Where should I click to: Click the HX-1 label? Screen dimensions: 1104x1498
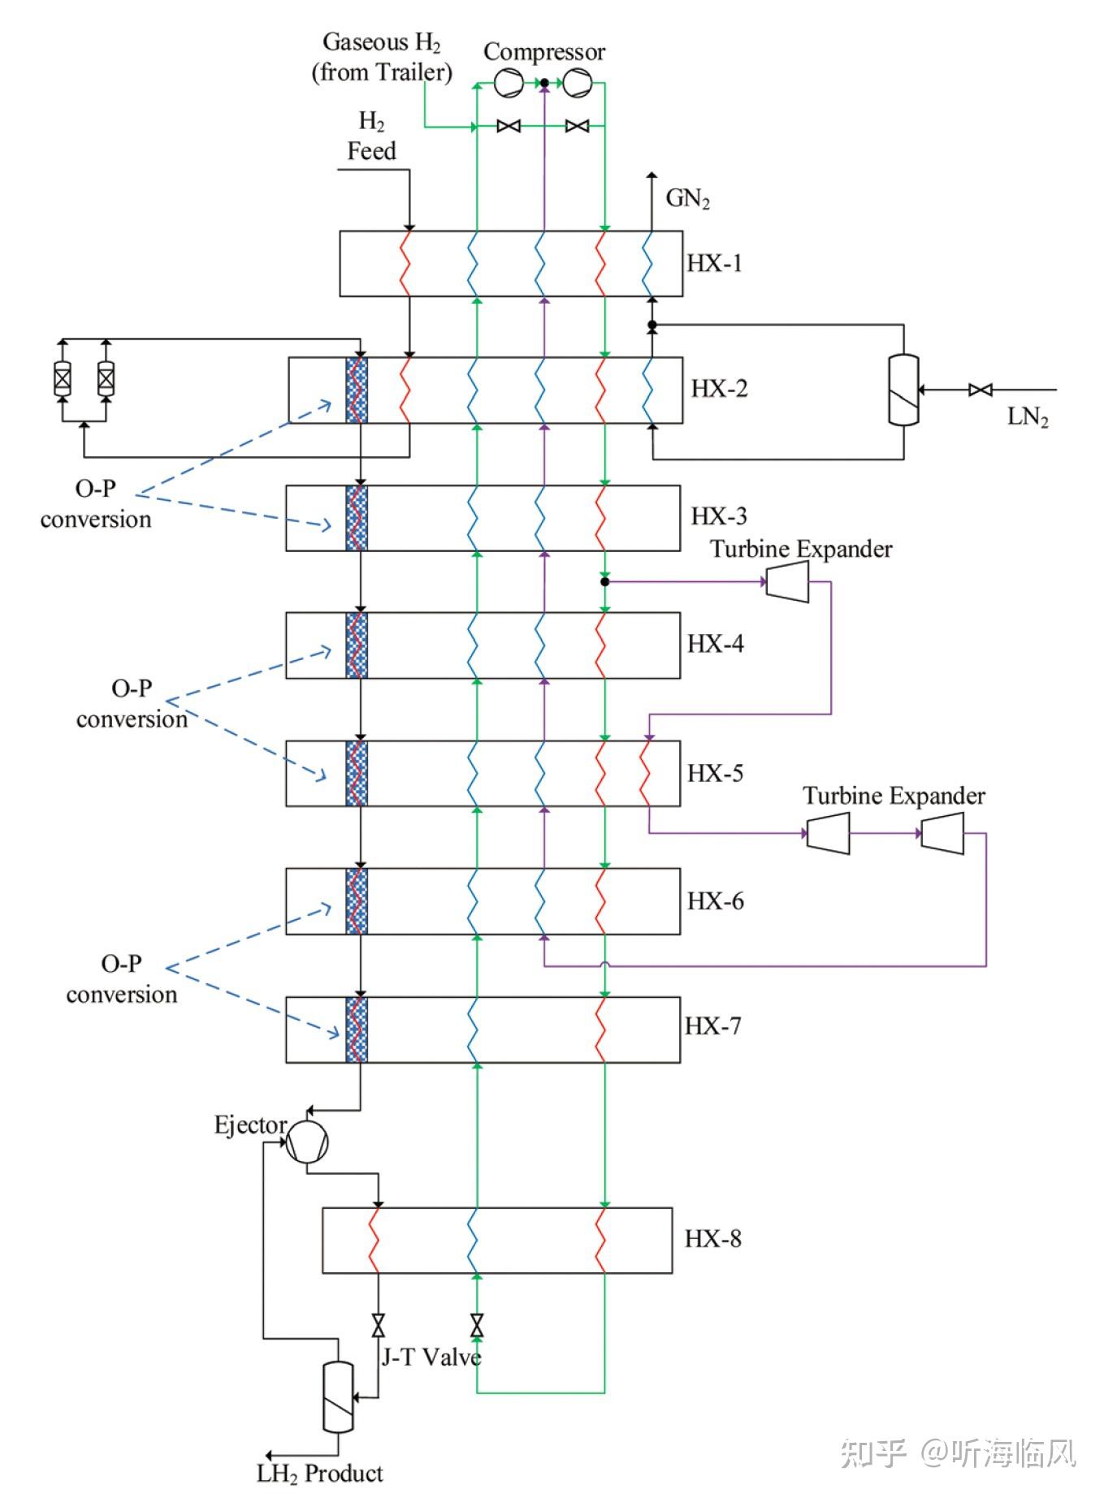[x=714, y=263]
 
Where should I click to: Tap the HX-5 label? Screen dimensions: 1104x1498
[x=715, y=772]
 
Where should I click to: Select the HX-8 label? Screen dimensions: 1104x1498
[x=712, y=1238]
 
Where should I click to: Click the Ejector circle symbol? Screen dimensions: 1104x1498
[x=308, y=1142]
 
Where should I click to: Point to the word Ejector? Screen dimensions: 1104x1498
[x=250, y=1125]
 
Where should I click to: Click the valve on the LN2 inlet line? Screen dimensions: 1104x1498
[x=981, y=390]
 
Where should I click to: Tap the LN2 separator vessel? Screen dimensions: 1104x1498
[x=903, y=389]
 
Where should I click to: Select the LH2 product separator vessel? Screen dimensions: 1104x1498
[x=338, y=1397]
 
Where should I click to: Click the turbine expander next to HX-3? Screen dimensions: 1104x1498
[x=787, y=581]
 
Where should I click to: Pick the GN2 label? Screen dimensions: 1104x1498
[x=687, y=199]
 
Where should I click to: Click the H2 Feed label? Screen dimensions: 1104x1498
[x=371, y=136]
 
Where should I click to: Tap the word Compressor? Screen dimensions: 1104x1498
[x=543, y=52]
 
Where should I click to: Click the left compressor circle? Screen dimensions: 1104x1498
[x=509, y=83]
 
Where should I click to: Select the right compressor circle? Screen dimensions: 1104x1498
[x=578, y=83]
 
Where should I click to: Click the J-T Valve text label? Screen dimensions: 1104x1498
[x=431, y=1357]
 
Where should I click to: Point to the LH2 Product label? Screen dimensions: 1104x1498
[x=320, y=1474]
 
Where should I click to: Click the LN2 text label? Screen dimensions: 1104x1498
[x=1028, y=417]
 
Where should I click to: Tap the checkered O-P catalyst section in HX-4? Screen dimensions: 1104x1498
[x=357, y=645]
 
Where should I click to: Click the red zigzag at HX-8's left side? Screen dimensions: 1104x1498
[x=375, y=1240]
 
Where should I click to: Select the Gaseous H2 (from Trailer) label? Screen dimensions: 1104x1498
[x=382, y=57]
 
